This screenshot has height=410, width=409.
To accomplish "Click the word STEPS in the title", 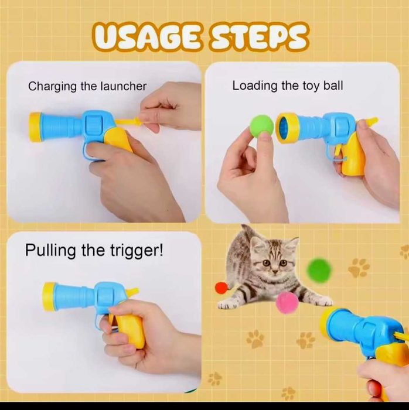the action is pos(258,37).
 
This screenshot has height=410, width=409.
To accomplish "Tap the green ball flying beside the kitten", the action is pos(319,269).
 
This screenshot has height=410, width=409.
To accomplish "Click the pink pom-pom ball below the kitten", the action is pos(287,303).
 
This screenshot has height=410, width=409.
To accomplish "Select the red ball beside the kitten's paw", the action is pos(222,288).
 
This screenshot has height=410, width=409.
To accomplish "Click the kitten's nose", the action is pos(274,272).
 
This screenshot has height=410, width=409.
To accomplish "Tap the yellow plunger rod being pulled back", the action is pos(130,121).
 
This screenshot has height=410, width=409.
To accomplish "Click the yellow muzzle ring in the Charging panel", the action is pos(35,127).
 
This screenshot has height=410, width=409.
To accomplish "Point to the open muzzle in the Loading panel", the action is pos(285,128).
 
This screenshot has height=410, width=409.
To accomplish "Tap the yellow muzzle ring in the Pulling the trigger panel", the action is pos(49,296).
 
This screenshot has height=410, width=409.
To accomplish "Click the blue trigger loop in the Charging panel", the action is pos(86,153).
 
